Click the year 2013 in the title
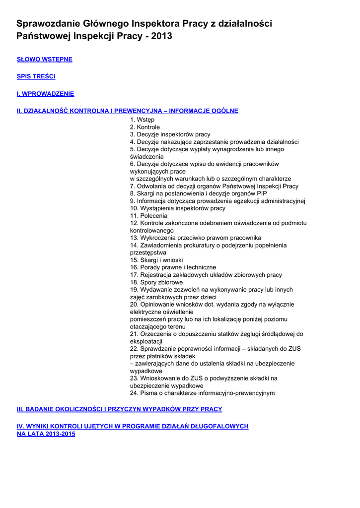(162, 36)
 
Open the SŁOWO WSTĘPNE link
(45, 60)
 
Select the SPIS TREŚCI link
(36, 76)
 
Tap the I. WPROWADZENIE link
(45, 94)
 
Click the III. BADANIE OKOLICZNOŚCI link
(119, 409)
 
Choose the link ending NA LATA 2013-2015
(46, 434)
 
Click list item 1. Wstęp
(142, 120)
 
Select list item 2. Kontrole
(145, 127)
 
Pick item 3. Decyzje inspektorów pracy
(170, 134)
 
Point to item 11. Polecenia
(148, 216)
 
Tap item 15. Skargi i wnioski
(156, 260)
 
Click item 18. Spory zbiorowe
(156, 282)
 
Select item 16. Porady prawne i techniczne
(173, 267)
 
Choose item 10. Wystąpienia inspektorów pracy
(177, 208)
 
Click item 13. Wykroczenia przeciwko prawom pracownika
(195, 238)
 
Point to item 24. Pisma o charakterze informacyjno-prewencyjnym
(202, 393)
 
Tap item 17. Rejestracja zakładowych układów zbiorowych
(206, 275)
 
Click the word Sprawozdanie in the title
(48, 23)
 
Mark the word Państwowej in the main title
(43, 36)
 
